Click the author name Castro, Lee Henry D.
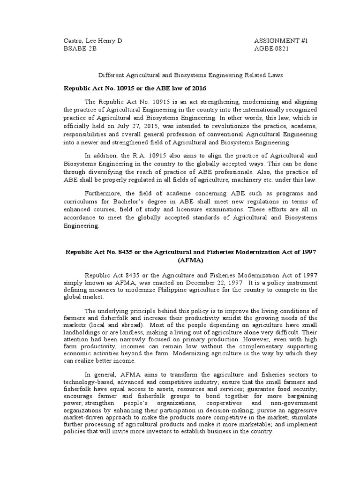pos(93,41)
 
